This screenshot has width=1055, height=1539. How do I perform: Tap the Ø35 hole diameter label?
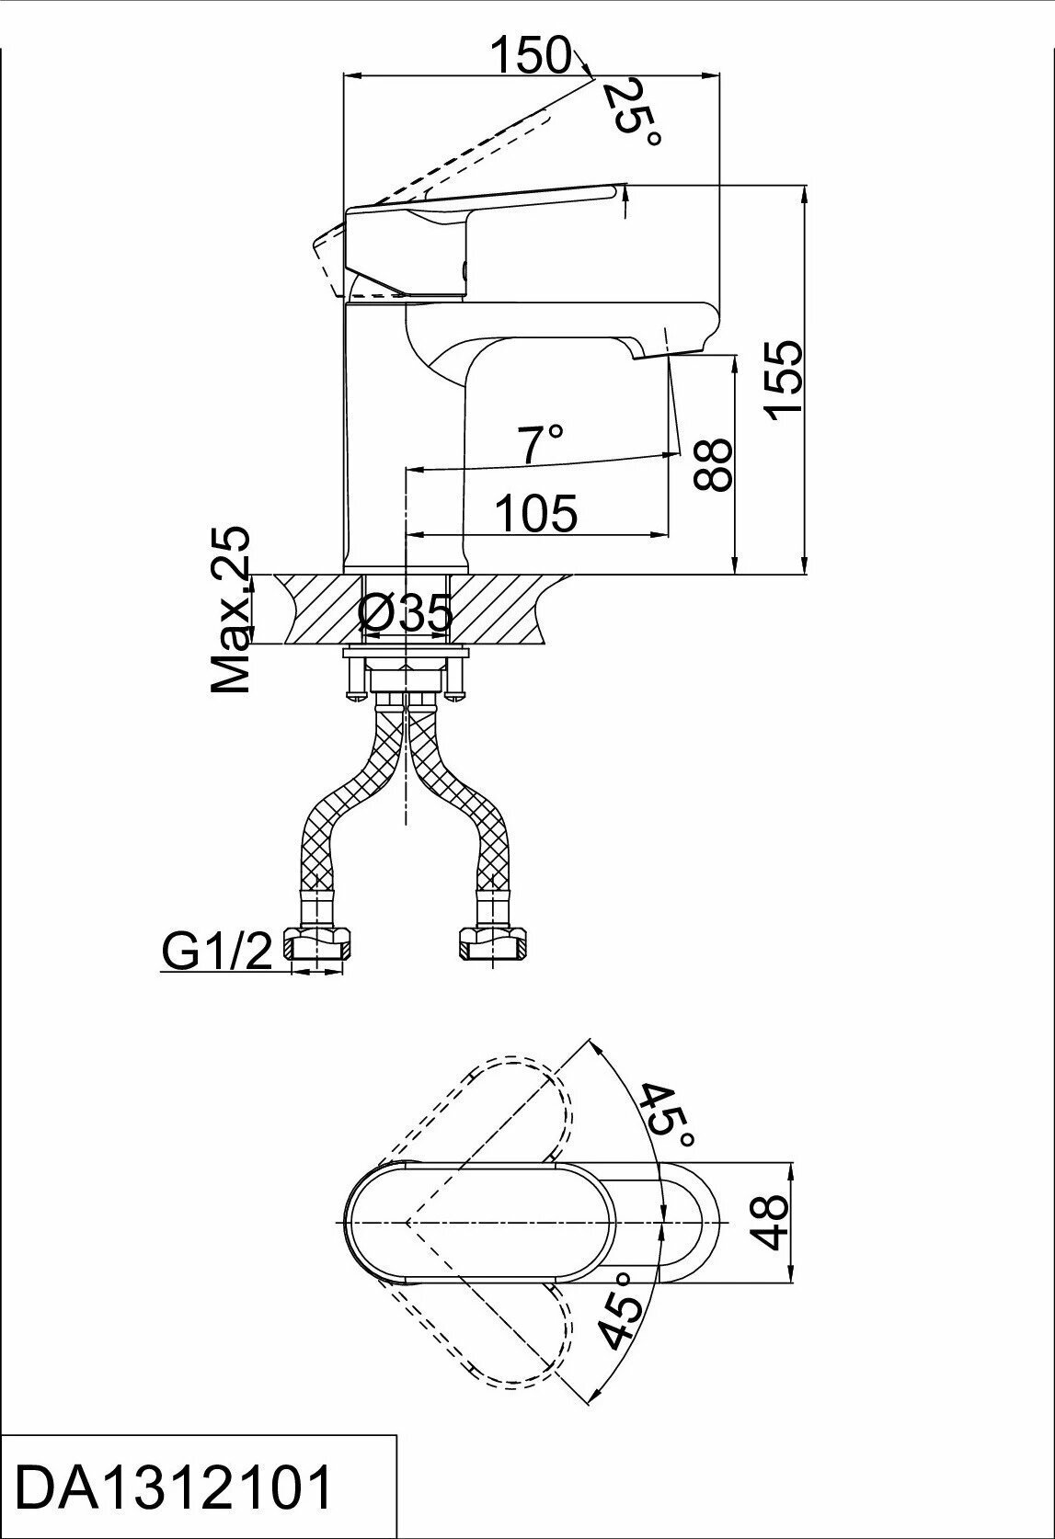(x=406, y=614)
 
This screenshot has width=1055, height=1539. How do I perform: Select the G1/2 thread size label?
(x=218, y=952)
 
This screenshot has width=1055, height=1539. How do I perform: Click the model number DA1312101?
(x=175, y=1489)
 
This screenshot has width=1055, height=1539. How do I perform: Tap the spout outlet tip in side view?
(x=649, y=352)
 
